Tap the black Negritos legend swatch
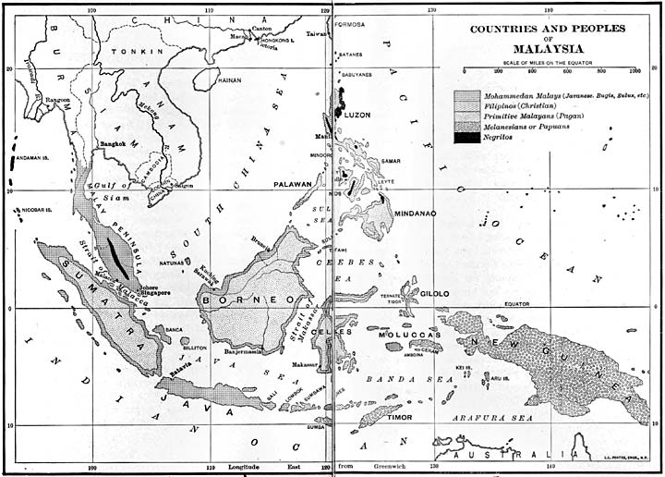[x=466, y=138]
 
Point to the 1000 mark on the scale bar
[x=635, y=69]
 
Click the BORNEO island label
[x=250, y=300]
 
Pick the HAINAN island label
[x=228, y=80]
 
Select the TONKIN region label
[x=129, y=52]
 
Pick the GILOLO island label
[x=435, y=293]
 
